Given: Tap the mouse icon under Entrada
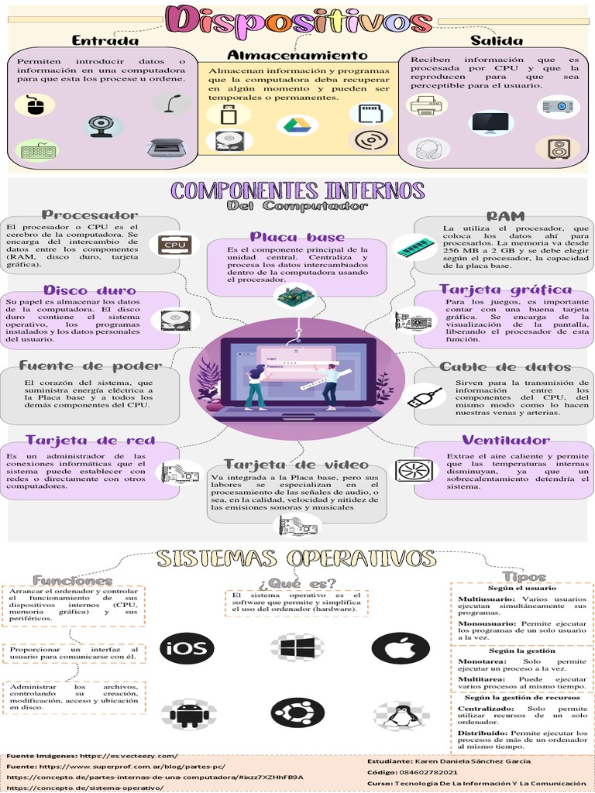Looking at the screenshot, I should [x=35, y=105].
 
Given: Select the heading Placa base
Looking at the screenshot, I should [x=297, y=236].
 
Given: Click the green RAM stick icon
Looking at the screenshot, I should [x=417, y=247].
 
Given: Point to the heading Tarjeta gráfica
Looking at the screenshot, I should [x=505, y=290].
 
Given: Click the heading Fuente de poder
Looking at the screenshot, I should [x=91, y=366].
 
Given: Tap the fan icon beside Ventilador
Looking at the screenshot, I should [x=414, y=470].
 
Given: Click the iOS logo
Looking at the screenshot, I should [x=187, y=648].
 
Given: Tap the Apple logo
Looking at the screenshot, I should [x=401, y=647].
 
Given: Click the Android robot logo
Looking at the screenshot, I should [x=187, y=714].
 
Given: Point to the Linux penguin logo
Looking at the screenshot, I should [x=401, y=716].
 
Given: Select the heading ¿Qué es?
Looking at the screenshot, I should [x=297, y=582].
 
